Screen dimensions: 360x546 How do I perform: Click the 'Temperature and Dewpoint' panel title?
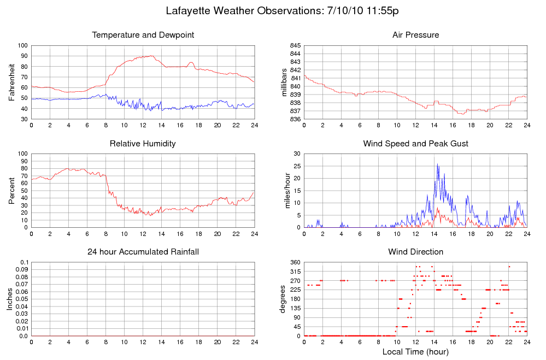pyautogui.click(x=143, y=35)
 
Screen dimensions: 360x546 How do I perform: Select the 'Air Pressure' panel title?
pyautogui.click(x=415, y=35)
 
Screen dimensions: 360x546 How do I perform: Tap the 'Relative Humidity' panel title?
pyautogui.click(x=143, y=144)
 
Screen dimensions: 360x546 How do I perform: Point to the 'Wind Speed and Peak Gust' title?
pyautogui.click(x=415, y=144)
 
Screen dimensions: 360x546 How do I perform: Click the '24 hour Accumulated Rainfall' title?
pyautogui.click(x=143, y=252)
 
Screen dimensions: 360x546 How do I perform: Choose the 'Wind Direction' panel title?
pyautogui.click(x=415, y=252)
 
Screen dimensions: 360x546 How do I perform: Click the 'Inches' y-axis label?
pyautogui.click(x=10, y=299)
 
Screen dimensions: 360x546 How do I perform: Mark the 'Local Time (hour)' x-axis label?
pyautogui.click(x=415, y=351)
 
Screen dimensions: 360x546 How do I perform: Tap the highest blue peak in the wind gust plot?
pyautogui.click(x=437, y=164)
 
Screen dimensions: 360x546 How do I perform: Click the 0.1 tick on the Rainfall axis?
pyautogui.click(x=24, y=263)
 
